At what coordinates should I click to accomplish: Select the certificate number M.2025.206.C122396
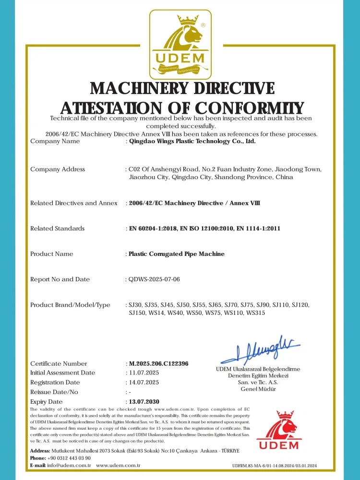[159, 364]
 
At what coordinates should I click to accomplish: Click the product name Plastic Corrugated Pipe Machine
[177, 254]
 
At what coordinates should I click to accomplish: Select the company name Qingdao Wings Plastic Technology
[192, 142]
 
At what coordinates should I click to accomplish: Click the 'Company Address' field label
[58, 169]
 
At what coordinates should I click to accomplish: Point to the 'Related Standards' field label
[57, 228]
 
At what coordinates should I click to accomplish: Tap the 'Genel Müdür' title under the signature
[258, 389]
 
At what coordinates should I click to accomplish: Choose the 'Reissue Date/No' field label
[54, 392]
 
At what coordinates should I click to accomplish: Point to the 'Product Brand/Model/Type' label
[70, 305]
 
